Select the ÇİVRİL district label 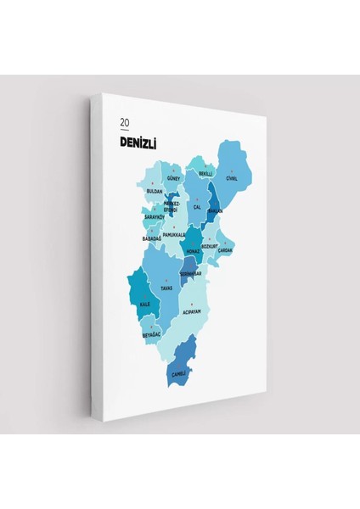[232, 178]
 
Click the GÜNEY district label [174, 180]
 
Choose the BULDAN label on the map [155, 192]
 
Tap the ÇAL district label [197, 207]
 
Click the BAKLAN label [215, 212]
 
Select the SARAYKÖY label [154, 217]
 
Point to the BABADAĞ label [153, 238]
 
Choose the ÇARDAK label [225, 251]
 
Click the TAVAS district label [167, 288]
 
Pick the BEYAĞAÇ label [152, 335]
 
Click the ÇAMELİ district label [178, 374]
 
